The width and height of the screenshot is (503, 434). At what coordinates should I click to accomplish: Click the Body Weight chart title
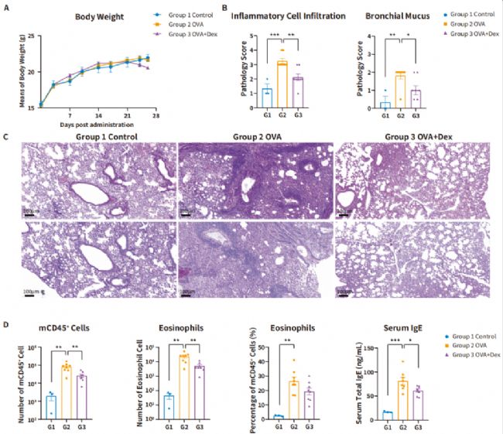[98, 15]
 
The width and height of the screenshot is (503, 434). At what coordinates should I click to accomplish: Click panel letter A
[6, 7]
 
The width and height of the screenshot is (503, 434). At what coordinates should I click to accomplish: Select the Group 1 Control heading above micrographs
[94, 138]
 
